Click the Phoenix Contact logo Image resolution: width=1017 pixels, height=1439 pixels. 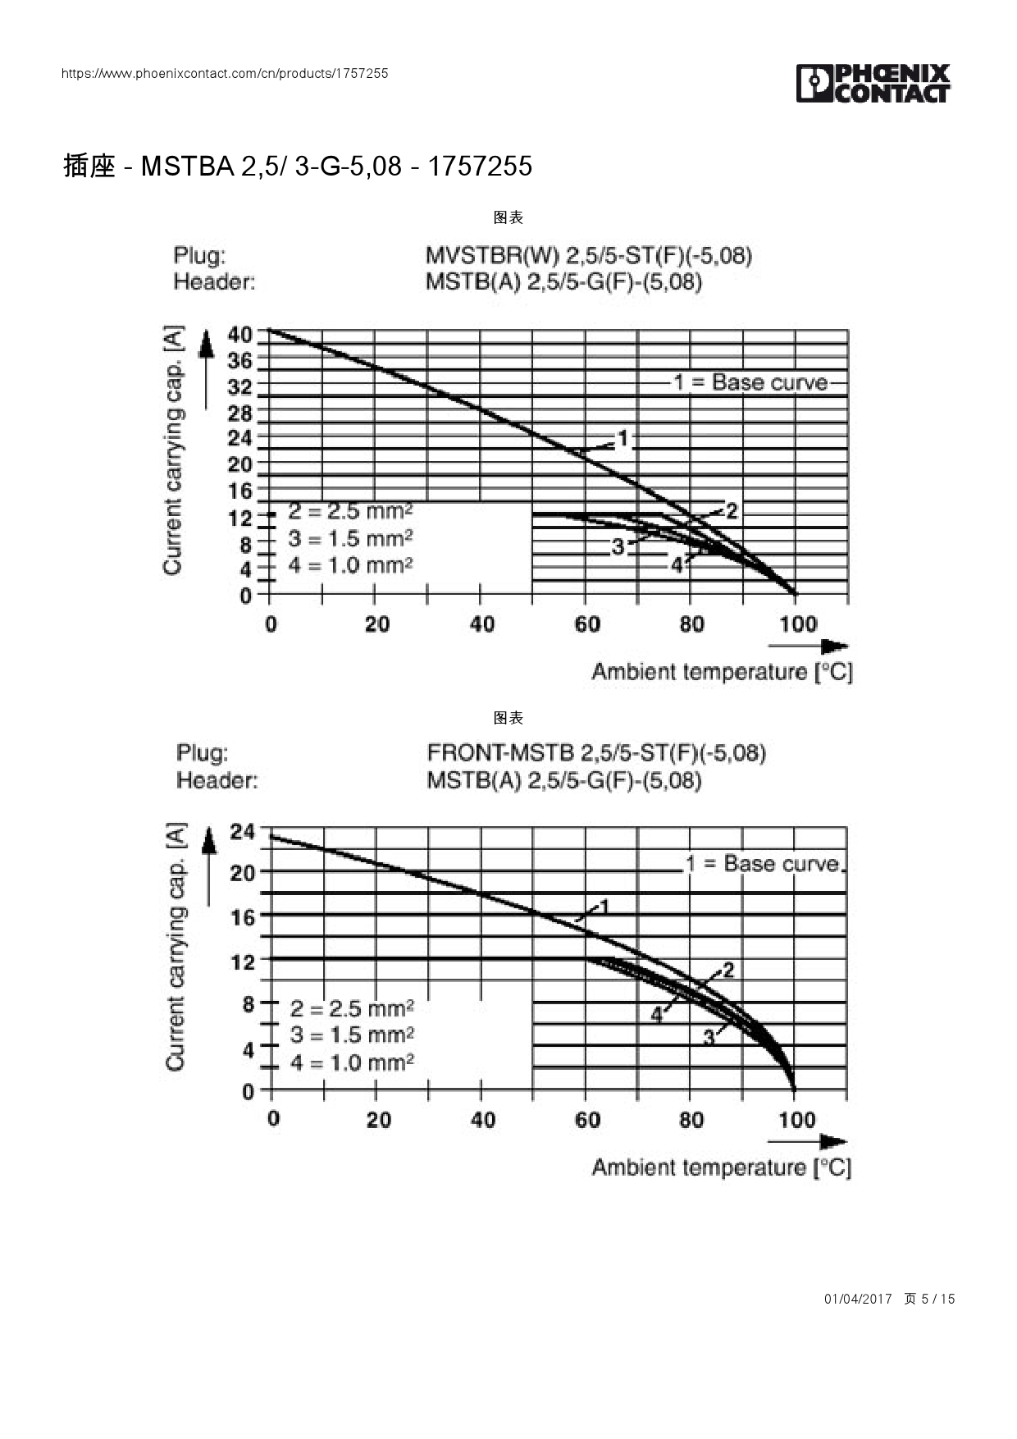click(873, 84)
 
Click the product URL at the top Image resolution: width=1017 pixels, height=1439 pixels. click(225, 73)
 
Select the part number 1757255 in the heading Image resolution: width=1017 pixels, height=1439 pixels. click(480, 167)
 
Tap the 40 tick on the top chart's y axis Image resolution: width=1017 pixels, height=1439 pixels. click(240, 335)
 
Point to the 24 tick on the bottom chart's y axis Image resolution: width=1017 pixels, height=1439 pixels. click(243, 832)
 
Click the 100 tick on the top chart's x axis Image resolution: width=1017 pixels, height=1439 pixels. click(797, 624)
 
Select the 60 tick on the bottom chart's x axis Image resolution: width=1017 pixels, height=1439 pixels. click(587, 1120)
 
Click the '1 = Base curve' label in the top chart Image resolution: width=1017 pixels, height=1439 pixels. click(750, 382)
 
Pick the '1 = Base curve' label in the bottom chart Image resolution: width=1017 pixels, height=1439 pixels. click(763, 864)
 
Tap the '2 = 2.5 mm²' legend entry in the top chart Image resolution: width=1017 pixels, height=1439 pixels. click(350, 511)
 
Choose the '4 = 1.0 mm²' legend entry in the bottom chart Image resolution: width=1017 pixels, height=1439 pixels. click(352, 1062)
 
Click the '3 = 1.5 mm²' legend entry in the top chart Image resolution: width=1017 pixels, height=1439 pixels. click(350, 539)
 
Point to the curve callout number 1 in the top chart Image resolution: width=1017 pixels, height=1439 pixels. click(623, 439)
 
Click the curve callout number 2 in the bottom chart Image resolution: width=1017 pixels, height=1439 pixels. click(727, 971)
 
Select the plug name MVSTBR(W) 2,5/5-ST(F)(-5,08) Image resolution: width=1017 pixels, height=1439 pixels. click(588, 255)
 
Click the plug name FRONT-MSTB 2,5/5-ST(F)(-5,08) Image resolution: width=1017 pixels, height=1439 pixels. click(596, 752)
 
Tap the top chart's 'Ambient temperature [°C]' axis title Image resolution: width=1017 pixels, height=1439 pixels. click(722, 672)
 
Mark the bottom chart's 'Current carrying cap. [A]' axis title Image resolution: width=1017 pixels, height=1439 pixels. click(176, 947)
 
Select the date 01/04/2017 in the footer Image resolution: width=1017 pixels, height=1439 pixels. click(857, 1299)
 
